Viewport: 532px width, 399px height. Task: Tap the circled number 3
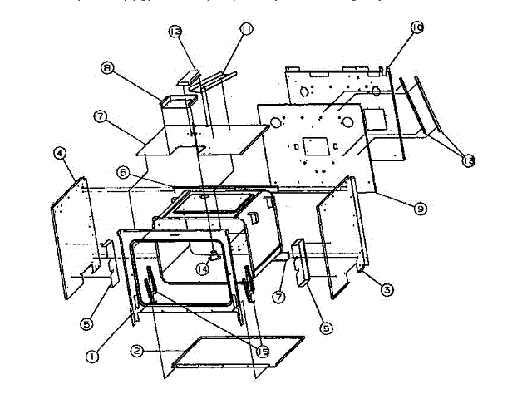tap(387, 289)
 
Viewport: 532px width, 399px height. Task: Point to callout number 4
tap(59, 153)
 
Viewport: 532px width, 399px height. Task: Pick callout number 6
tap(122, 172)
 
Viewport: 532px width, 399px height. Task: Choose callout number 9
tap(421, 209)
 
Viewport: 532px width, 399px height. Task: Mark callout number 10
tap(416, 28)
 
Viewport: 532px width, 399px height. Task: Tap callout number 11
tap(246, 28)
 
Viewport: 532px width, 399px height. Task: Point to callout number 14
tap(202, 268)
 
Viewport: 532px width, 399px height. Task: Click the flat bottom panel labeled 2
tap(237, 351)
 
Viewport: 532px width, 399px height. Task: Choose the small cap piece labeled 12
tap(189, 80)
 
